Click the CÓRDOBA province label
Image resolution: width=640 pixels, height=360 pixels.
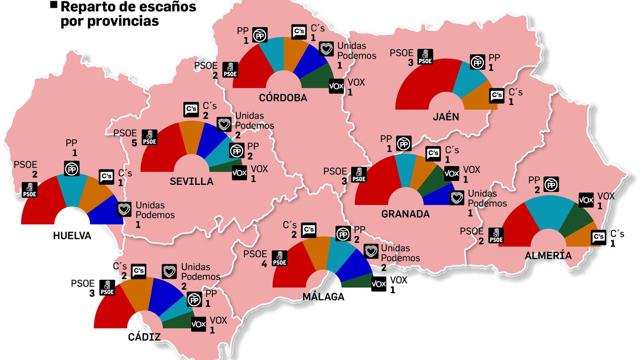(283, 98)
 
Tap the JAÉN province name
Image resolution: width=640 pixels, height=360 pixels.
(446, 117)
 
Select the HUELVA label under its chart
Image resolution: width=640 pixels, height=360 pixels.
(72, 236)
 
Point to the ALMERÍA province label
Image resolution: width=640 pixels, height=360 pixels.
(548, 256)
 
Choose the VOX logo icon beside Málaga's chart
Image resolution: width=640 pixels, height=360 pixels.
(378, 284)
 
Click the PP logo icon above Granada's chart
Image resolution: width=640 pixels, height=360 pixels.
(404, 144)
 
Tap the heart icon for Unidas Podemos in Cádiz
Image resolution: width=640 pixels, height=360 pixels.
(169, 272)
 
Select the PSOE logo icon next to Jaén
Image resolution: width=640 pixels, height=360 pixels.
(425, 57)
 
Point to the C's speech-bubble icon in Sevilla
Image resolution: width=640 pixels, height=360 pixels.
(191, 109)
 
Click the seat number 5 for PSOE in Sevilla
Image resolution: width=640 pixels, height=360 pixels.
(134, 143)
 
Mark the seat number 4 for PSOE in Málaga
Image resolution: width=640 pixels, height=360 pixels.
(264, 264)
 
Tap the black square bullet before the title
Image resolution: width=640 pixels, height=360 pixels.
(54, 5)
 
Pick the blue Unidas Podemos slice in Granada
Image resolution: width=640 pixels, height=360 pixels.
(438, 196)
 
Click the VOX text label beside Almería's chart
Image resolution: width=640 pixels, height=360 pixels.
(606, 196)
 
